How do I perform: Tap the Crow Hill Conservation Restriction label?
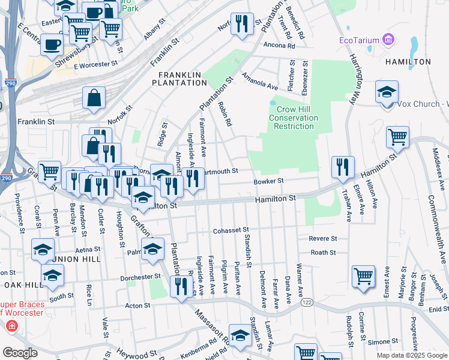click(x=293, y=118)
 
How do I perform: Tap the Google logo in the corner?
click(x=20, y=353)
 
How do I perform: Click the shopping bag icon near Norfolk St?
click(x=94, y=98)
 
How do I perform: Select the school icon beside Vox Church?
click(x=387, y=92)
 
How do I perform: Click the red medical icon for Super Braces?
click(x=11, y=326)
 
